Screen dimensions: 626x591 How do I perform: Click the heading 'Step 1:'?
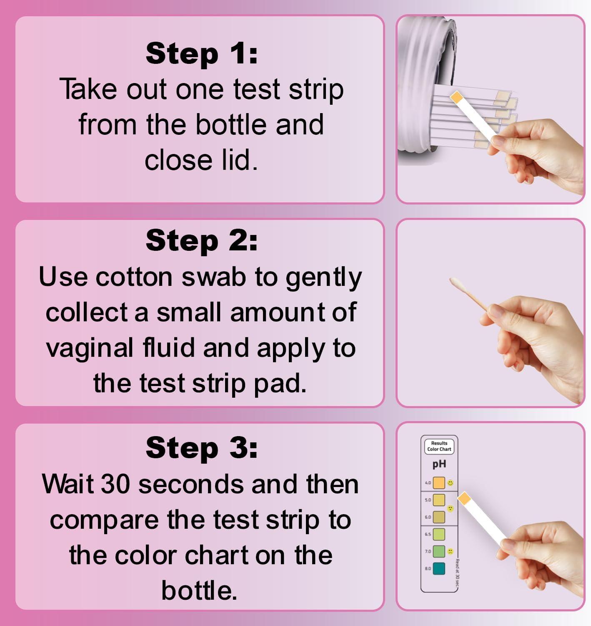pos(202,54)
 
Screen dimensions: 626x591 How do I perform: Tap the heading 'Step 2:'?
pos(202,241)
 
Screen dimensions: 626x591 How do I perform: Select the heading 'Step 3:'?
pos(202,447)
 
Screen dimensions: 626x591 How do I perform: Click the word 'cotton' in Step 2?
pos(134,277)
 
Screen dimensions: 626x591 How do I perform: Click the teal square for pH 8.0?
pos(439,568)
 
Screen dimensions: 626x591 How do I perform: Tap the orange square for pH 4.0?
pos(439,483)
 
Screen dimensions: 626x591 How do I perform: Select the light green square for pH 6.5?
pos(439,534)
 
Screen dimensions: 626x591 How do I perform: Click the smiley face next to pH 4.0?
pos(451,483)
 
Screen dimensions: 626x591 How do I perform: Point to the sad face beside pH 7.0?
pos(451,551)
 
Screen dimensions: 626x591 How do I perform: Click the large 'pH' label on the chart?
pos(439,464)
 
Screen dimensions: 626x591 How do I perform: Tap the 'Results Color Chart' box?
pos(439,446)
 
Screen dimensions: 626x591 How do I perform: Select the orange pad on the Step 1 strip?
pos(457,97)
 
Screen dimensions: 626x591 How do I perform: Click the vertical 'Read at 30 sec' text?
pos(457,575)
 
